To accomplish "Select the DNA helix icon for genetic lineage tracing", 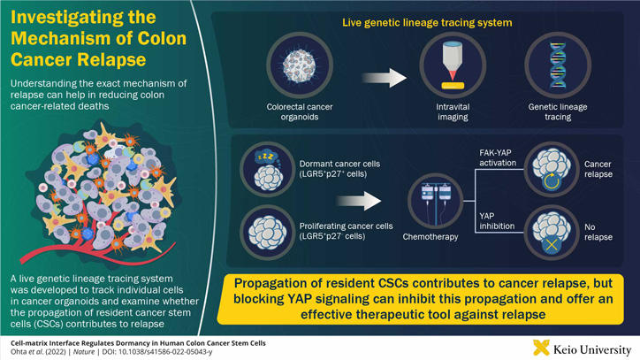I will click(558, 65).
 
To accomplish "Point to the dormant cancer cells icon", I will click(268, 167).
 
